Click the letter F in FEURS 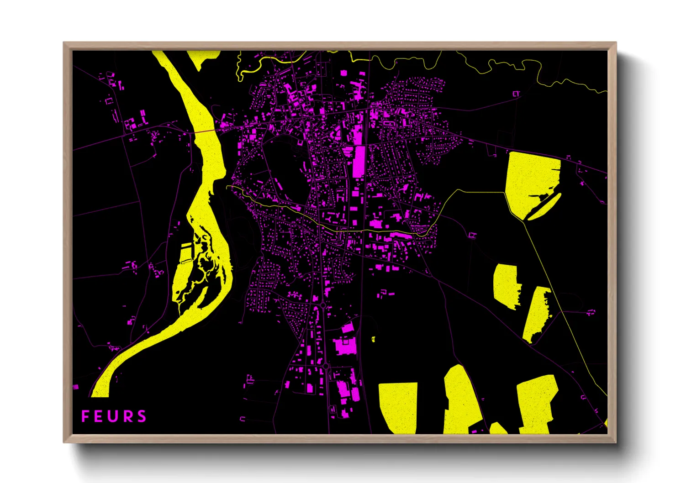point(85,416)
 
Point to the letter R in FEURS point(127,416)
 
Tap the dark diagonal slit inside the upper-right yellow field point(544,207)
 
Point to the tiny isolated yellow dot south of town point(373,339)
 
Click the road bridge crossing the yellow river point(206,131)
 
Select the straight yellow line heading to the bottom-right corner point(566,310)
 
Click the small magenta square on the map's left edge point(76,387)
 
